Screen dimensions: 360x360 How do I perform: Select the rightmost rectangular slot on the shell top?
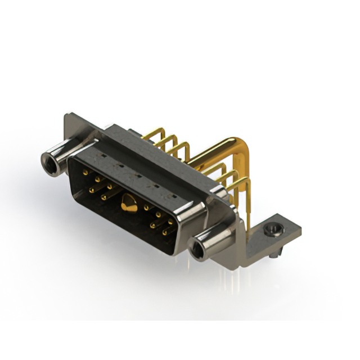click(x=173, y=197)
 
